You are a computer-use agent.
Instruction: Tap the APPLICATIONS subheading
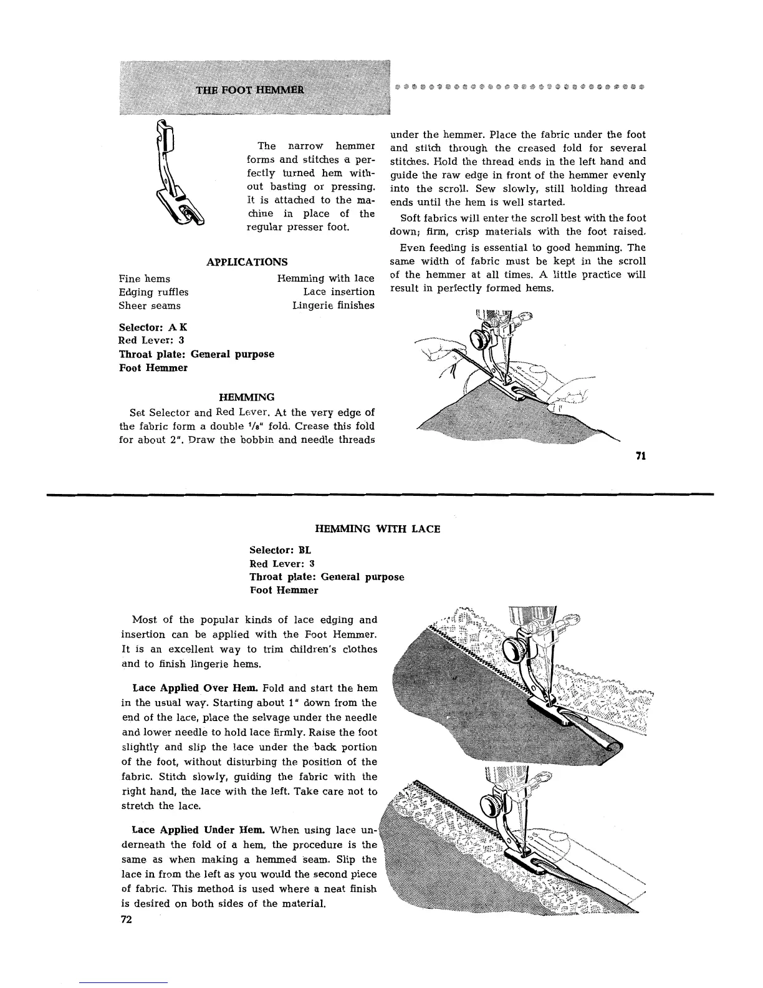(247, 262)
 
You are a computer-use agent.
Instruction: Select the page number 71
(640, 456)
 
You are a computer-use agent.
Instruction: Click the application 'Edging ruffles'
(153, 292)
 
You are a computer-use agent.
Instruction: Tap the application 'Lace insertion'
(338, 292)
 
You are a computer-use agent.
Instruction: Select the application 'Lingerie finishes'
(333, 306)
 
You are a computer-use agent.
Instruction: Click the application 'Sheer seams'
(150, 306)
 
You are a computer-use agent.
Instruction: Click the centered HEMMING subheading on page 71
(246, 397)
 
